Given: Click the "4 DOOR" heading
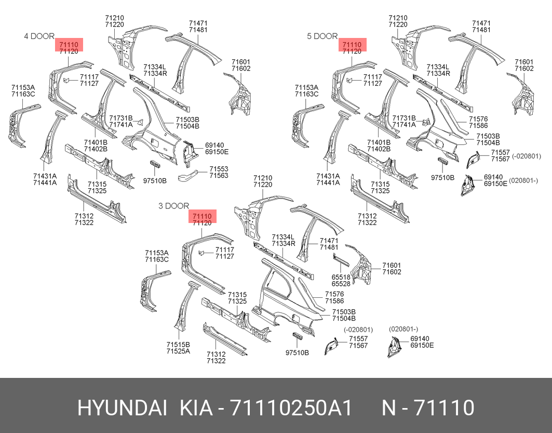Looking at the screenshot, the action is coord(39,36).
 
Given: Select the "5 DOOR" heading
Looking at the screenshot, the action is coord(322,36).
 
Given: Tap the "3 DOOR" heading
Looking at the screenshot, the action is coord(173,206).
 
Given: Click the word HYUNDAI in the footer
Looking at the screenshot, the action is coord(122,408).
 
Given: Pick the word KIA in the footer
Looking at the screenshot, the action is coord(196,408).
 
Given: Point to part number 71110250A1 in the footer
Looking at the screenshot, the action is coord(291,408).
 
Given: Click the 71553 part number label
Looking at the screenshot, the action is coord(219,169).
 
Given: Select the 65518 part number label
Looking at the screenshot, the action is coord(341,277).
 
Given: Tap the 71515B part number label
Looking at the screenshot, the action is coord(178,345).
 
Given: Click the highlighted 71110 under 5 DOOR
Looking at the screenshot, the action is coord(352,45).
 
